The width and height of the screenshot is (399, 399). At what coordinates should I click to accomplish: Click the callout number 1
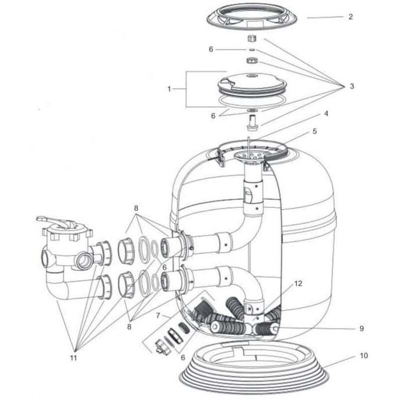coord(169,89)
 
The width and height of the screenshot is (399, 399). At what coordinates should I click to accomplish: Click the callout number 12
coord(298,284)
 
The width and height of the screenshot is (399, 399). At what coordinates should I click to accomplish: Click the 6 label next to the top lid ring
coord(211,49)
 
